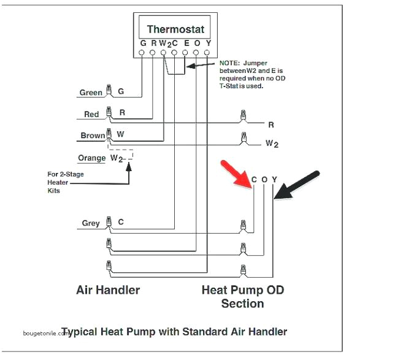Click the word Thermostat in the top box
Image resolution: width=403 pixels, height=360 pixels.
pyautogui.click(x=175, y=29)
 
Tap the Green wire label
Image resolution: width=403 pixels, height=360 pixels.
pyautogui.click(x=91, y=93)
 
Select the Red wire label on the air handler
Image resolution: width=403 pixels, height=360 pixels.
pyautogui.click(x=91, y=115)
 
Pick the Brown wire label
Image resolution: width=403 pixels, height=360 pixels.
pyautogui.click(x=92, y=136)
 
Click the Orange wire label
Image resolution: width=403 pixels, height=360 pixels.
pyautogui.click(x=92, y=158)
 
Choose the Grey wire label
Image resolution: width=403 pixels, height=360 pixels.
pyautogui.click(x=91, y=223)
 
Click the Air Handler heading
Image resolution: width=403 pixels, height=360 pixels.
pyautogui.click(x=108, y=289)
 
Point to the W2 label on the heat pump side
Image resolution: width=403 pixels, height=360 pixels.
pyautogui.click(x=272, y=144)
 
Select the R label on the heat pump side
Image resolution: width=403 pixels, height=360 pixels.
pyautogui.click(x=271, y=124)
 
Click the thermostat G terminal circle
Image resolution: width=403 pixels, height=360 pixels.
pyautogui.click(x=142, y=53)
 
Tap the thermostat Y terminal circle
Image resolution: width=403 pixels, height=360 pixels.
pyautogui.click(x=208, y=53)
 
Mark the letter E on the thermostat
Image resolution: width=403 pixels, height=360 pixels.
pyautogui.click(x=185, y=43)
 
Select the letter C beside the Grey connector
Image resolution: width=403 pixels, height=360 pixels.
pyautogui.click(x=121, y=223)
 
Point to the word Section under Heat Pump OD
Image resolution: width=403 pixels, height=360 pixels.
pyautogui.click(x=242, y=304)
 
